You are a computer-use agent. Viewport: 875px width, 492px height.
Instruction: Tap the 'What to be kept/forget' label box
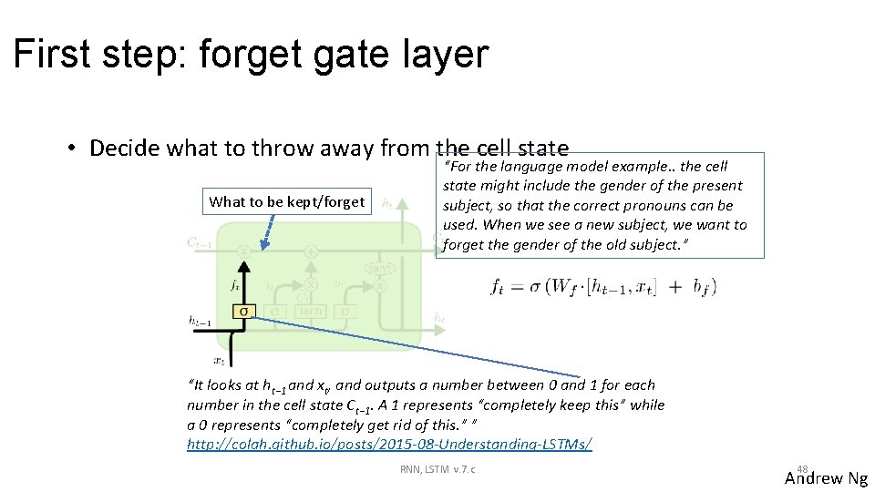click(286, 201)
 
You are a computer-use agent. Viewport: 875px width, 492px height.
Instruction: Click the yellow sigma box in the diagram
click(243, 311)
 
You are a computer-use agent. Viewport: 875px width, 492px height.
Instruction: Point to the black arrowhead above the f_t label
click(243, 267)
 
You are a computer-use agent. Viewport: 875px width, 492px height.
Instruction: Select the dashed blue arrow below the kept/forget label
click(268, 230)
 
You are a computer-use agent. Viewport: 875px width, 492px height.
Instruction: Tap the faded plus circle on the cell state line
click(311, 251)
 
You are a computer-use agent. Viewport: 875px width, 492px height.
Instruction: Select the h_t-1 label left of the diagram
click(201, 320)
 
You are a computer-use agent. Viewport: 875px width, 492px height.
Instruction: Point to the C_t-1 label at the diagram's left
click(200, 242)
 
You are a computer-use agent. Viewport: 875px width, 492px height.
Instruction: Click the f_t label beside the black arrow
click(235, 285)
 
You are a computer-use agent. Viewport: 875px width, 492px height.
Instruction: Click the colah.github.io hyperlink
click(389, 444)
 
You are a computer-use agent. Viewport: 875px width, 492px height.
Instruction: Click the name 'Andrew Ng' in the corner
click(826, 478)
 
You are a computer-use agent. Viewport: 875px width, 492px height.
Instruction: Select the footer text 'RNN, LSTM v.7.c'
click(437, 469)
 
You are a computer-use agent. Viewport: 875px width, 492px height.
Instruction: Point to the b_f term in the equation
click(703, 287)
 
